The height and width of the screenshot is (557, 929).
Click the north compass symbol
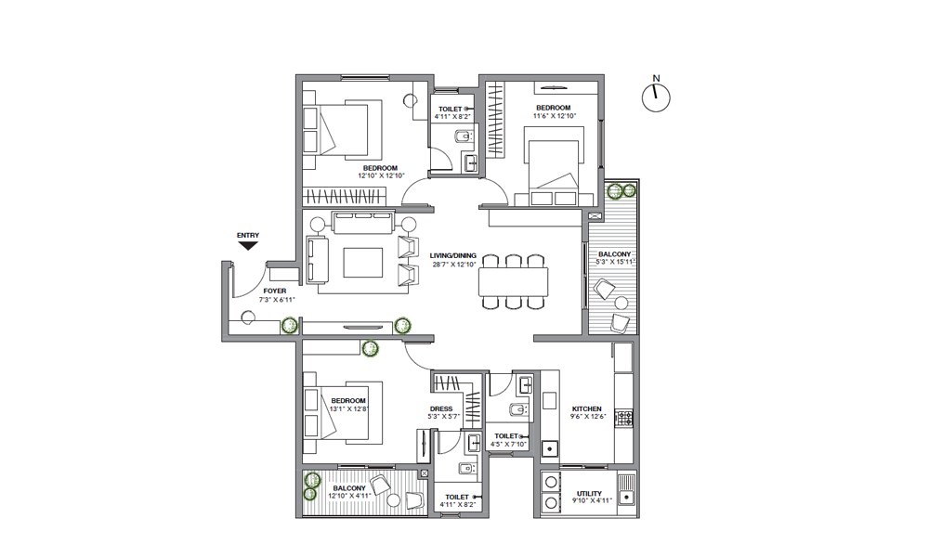pos(656,97)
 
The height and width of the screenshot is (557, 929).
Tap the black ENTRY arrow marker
pos(248,245)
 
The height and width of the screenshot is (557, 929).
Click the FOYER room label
pos(275,291)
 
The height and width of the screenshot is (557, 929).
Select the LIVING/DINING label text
pos(452,255)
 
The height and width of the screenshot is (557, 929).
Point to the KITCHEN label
pos(586,409)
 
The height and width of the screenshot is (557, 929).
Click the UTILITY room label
pos(589,494)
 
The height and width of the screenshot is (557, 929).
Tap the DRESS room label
pos(441,409)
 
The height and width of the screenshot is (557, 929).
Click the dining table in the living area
pos(513,281)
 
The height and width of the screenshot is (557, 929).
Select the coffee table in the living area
pos(362,263)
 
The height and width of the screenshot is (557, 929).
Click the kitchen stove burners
pos(625,418)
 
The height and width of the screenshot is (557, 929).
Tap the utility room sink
pos(626,489)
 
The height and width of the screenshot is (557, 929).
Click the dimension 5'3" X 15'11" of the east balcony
pos(616,262)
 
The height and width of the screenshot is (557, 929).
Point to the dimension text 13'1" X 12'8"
pos(349,408)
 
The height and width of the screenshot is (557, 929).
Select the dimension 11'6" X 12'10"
pos(555,116)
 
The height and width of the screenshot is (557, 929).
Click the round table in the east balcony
pos(621,303)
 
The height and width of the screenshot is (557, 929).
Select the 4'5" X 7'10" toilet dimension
pos(508,444)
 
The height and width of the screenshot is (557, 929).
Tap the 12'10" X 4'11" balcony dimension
pos(349,496)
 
